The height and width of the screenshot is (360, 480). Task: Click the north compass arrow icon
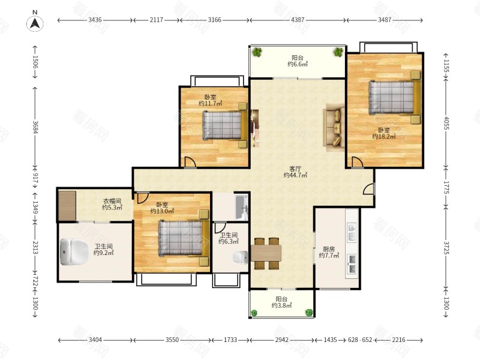[35, 23]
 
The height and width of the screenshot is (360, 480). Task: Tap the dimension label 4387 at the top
[298, 20]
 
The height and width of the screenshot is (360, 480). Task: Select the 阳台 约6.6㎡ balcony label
[298, 61]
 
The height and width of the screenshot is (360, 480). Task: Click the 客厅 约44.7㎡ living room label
[295, 172]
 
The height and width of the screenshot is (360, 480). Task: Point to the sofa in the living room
[334, 127]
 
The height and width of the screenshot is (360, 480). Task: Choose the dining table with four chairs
[266, 253]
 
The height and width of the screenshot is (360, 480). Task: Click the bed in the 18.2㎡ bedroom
[395, 97]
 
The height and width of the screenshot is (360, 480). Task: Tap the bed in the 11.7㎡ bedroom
[225, 125]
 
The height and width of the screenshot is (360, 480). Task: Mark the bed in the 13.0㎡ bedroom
[184, 238]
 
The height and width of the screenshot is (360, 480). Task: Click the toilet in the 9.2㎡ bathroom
[74, 252]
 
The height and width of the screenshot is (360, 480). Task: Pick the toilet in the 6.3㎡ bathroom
[241, 257]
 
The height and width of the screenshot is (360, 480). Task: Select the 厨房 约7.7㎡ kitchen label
[329, 252]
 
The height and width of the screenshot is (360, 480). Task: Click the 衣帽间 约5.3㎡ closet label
[112, 204]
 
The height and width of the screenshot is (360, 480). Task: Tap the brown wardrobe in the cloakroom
[67, 206]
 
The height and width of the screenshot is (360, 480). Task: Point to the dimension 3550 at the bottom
[172, 340]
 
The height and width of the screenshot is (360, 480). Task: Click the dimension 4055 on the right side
[446, 123]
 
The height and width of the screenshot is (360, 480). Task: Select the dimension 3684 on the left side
[35, 127]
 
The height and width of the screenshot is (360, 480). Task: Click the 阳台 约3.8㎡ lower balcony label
[281, 302]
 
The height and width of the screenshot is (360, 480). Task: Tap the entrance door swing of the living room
[368, 188]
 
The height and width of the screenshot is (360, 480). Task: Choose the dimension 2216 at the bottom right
[398, 340]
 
